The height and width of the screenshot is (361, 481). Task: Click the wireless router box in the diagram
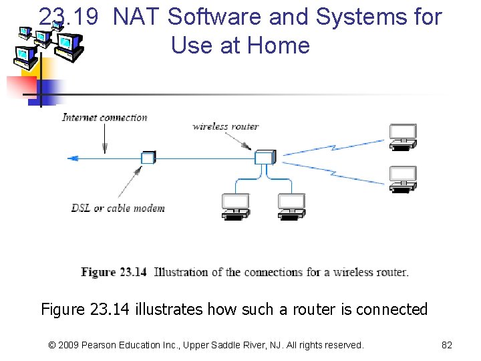[x=265, y=158]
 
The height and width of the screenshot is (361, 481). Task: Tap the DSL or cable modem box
[x=148, y=158]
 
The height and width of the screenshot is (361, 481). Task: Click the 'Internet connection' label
[x=105, y=118]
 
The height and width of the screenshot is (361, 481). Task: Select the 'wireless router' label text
[x=225, y=126]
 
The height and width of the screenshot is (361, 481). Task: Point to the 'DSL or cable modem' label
[x=118, y=208]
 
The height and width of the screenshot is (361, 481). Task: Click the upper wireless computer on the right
[x=403, y=136]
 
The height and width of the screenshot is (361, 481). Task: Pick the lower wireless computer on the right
[x=403, y=178]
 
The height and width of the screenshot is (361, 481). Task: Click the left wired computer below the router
[x=236, y=206]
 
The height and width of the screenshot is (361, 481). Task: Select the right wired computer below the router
[x=291, y=206]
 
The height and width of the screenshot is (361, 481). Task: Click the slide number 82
[x=447, y=345]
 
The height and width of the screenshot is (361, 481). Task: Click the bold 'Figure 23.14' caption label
[x=114, y=272]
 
